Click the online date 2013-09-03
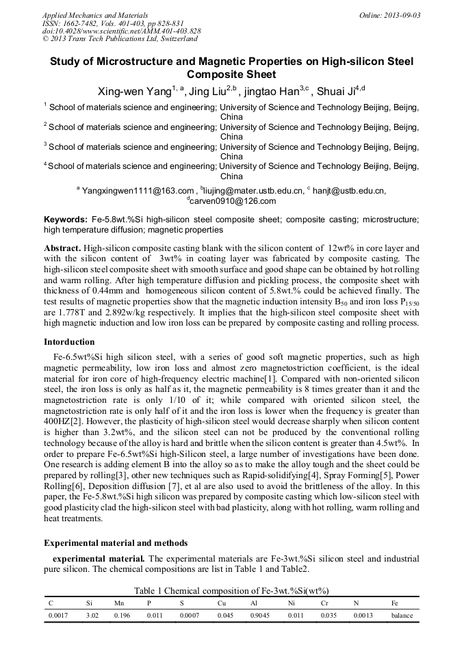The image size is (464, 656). click(398, 15)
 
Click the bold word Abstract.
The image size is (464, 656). click(63, 248)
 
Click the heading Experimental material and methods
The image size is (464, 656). click(116, 543)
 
